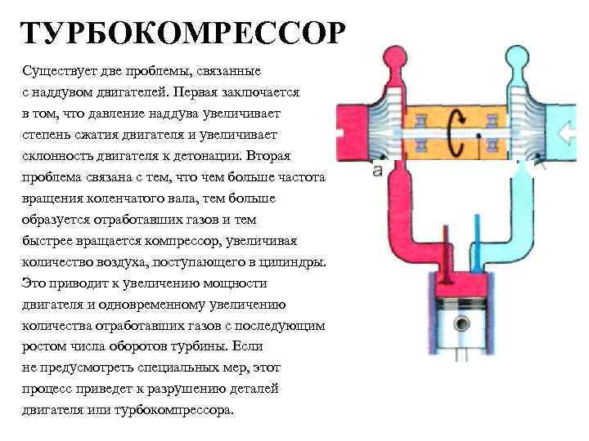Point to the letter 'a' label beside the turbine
(x=377, y=171)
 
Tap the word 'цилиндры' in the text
(x=295, y=262)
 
